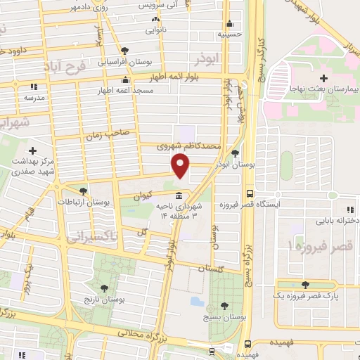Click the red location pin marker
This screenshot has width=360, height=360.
click(x=180, y=165)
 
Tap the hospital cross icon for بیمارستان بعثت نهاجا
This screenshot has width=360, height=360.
click(x=323, y=78)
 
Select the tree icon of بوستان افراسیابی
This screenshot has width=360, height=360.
click(x=124, y=50)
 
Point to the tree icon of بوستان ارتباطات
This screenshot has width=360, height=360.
click(x=84, y=191)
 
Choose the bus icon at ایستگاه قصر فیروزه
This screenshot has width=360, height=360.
click(x=250, y=193)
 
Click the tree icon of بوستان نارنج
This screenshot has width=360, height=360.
click(x=104, y=288)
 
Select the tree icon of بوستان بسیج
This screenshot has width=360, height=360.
click(x=224, y=305)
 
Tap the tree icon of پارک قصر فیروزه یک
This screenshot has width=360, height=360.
click(x=305, y=284)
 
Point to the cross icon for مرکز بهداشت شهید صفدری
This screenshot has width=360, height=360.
click(x=32, y=150)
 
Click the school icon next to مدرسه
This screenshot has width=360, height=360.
click(x=32, y=87)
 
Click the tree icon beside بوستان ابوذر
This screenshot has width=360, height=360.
click(x=235, y=153)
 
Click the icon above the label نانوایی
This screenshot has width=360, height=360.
click(x=155, y=21)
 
